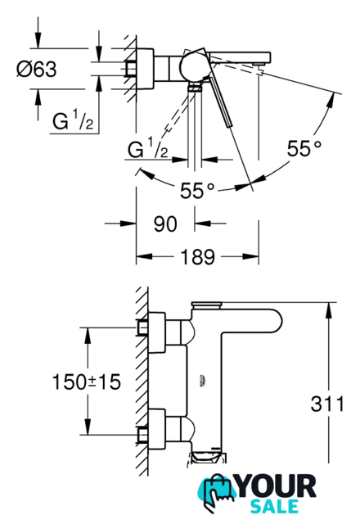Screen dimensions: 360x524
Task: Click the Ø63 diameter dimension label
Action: tap(37, 69)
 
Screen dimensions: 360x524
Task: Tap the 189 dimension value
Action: tap(197, 256)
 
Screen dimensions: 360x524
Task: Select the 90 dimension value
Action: tap(165, 224)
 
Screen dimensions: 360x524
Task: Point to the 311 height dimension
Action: tap(327, 404)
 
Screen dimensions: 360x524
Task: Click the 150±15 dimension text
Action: tap(87, 382)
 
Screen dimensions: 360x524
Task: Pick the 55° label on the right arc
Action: tap(304, 148)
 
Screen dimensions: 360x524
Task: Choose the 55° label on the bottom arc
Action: tap(197, 191)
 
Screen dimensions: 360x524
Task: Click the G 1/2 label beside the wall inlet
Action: tap(73, 120)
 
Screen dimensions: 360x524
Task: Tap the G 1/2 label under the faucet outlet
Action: tap(147, 148)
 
